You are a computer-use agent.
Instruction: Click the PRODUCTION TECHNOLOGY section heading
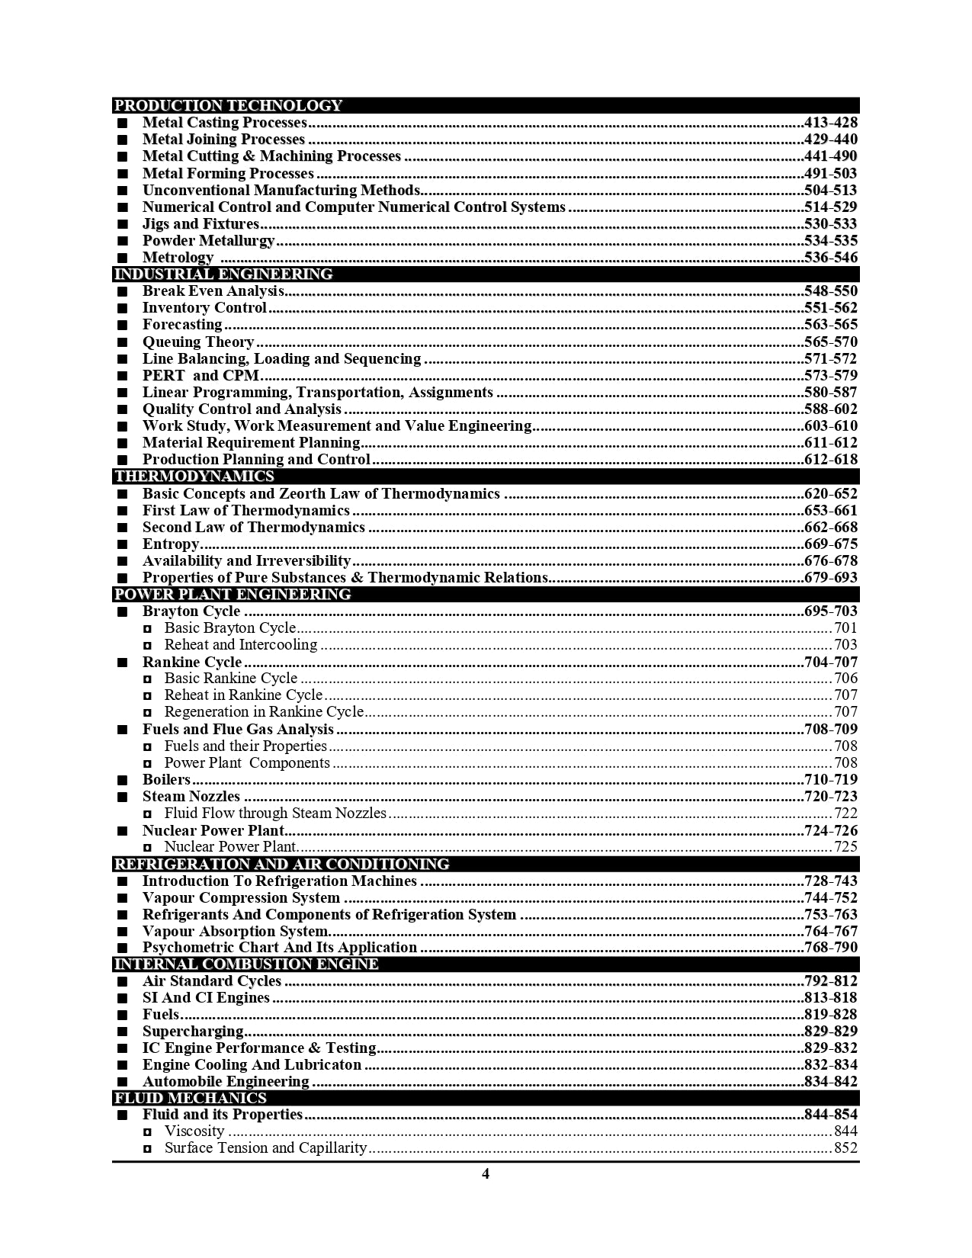coord(228,105)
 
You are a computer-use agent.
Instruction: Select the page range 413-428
coord(830,123)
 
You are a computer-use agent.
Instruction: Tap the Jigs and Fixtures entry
coord(200,224)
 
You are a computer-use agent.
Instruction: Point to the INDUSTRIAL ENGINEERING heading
coord(223,274)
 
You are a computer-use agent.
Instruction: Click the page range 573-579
coord(830,376)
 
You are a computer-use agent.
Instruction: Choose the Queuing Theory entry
coord(198,342)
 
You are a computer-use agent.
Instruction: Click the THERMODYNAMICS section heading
coord(194,477)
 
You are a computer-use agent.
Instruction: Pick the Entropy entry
coord(171,544)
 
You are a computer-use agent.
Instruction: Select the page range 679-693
coord(830,578)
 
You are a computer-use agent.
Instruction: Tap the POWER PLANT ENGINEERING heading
coord(232,595)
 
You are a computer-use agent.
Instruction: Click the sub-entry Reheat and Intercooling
coord(240,645)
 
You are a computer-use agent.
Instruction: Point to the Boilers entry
coord(166,780)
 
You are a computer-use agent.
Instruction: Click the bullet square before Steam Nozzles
coord(123,797)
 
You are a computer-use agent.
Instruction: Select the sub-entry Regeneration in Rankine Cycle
coord(264,712)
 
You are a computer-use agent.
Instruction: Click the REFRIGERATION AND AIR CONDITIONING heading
coord(281,864)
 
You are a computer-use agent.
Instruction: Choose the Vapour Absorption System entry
coord(236,932)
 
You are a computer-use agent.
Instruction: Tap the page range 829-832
coord(830,1048)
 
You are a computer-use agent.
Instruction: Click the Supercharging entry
coord(193,1032)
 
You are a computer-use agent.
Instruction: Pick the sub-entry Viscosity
coord(194,1131)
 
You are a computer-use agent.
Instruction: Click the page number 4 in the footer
coord(486,1174)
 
